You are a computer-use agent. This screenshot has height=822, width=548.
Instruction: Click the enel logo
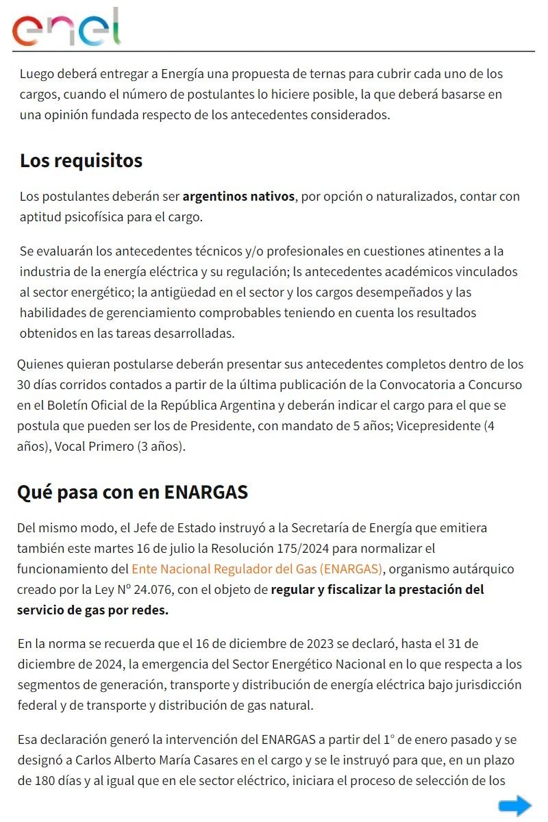pyautogui.click(x=66, y=27)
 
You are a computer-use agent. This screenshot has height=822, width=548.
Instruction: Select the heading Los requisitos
pyautogui.click(x=81, y=160)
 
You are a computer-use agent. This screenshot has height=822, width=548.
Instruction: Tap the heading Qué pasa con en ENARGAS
pyautogui.click(x=132, y=492)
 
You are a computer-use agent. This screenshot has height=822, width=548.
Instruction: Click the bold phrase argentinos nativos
pyautogui.click(x=238, y=197)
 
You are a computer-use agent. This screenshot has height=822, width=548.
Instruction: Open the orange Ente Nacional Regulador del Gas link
pyautogui.click(x=257, y=569)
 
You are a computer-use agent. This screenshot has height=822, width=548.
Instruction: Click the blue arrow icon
pyautogui.click(x=514, y=806)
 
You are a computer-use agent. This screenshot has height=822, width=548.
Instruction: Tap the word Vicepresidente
pyautogui.click(x=437, y=425)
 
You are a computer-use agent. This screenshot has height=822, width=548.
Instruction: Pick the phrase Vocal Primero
pyautogui.click(x=92, y=446)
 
